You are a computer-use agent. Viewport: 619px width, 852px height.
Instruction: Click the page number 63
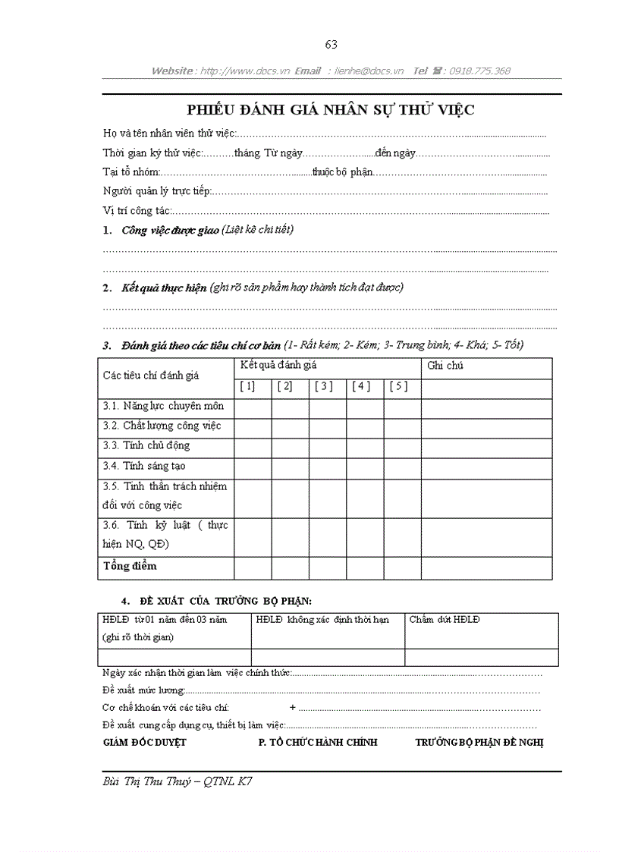tap(331, 44)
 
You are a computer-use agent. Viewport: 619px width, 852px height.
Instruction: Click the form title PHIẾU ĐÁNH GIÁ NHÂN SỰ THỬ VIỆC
tap(331, 110)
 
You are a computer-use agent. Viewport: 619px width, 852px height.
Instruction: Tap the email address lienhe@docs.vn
tap(370, 71)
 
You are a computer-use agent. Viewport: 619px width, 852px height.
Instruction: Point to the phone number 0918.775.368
tap(479, 71)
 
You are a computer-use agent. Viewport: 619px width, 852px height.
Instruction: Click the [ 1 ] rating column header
tap(247, 387)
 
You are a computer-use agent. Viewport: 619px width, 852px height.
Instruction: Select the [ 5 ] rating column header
tap(398, 387)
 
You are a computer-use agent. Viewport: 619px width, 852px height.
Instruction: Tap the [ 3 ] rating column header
tap(323, 387)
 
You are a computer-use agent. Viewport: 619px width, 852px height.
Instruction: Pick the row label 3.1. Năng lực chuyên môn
tap(163, 407)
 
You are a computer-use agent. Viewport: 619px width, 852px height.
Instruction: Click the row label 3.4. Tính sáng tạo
tap(144, 466)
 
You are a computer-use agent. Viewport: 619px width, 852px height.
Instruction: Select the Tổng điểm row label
tap(130, 566)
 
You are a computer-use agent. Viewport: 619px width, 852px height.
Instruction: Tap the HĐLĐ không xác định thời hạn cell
tap(322, 620)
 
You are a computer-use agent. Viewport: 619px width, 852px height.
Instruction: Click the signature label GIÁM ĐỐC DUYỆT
tap(144, 742)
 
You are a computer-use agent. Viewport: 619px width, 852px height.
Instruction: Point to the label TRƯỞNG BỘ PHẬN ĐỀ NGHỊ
tap(479, 742)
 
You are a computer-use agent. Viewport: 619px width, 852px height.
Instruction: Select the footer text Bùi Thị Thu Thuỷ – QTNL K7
tap(177, 781)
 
